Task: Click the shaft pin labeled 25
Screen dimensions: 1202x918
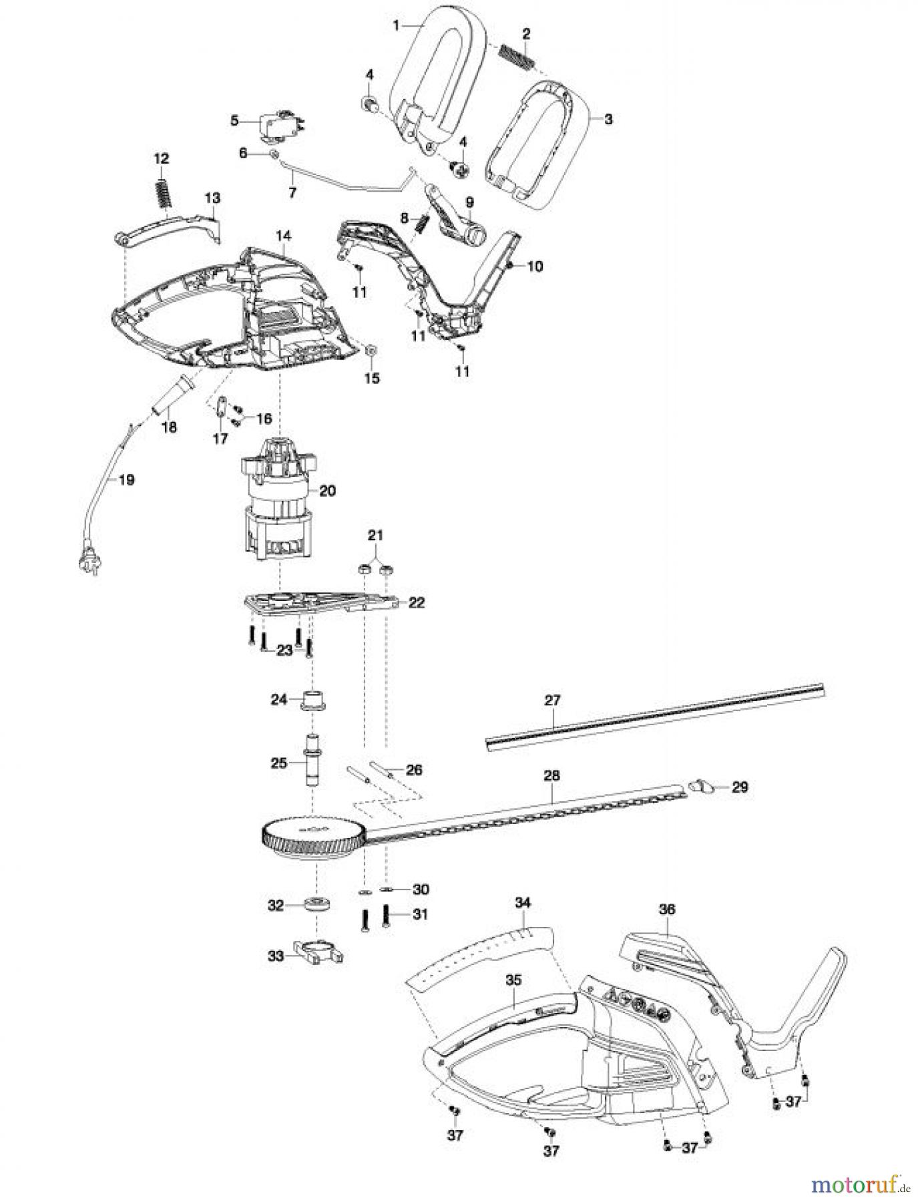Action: (x=312, y=761)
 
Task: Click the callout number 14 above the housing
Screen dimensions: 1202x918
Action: (x=283, y=235)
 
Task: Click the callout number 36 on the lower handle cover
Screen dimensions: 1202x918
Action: (x=666, y=909)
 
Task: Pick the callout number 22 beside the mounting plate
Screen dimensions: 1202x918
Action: (x=416, y=602)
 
